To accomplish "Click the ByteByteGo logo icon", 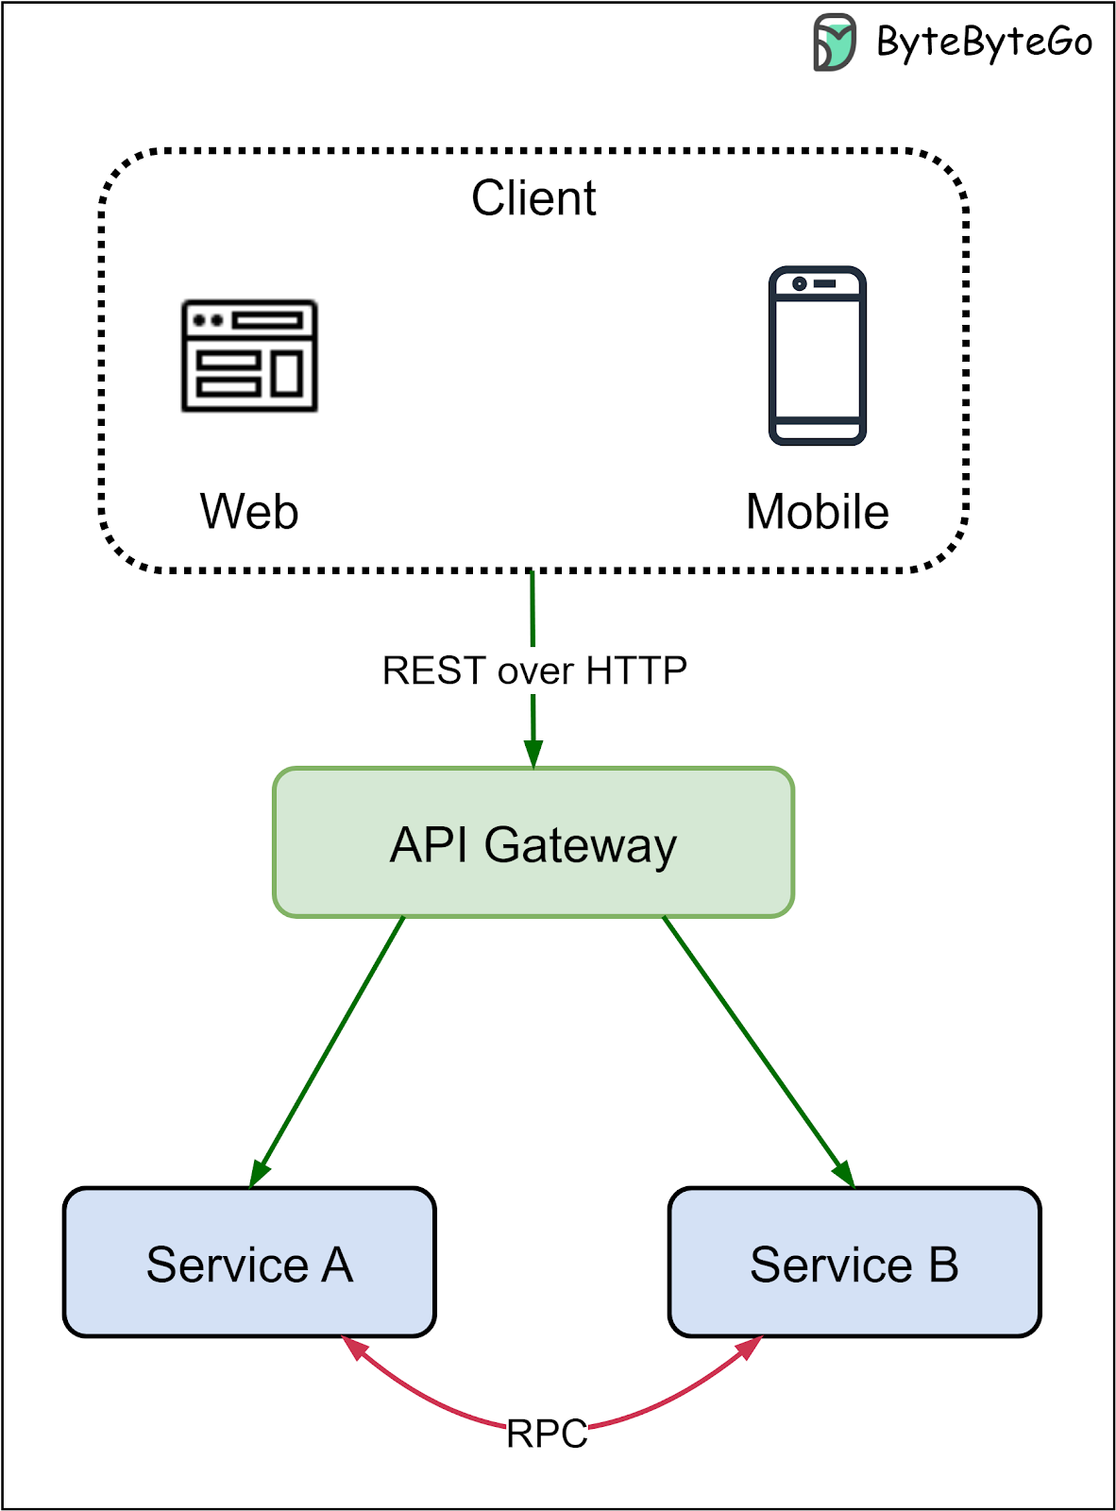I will pyautogui.click(x=834, y=42).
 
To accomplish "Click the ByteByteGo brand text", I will pyautogui.click(x=984, y=42).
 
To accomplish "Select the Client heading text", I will pyautogui.click(x=533, y=198).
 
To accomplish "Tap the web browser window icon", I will pyautogui.click(x=249, y=356).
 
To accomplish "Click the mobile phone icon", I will pyautogui.click(x=817, y=356).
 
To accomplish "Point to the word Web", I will pyautogui.click(x=249, y=512).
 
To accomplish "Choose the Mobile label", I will pyautogui.click(x=817, y=512).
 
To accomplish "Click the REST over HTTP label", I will pyautogui.click(x=534, y=671).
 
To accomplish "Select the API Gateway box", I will pyautogui.click(x=533, y=842).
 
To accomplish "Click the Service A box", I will pyautogui.click(x=249, y=1263).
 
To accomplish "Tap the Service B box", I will pyautogui.click(x=854, y=1263).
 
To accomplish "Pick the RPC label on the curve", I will pyautogui.click(x=547, y=1434).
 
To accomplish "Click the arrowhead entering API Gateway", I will pyautogui.click(x=533, y=755).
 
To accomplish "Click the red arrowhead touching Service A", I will pyautogui.click(x=353, y=1348).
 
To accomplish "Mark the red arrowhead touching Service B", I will pyautogui.click(x=750, y=1348).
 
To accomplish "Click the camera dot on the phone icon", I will pyautogui.click(x=800, y=283).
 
